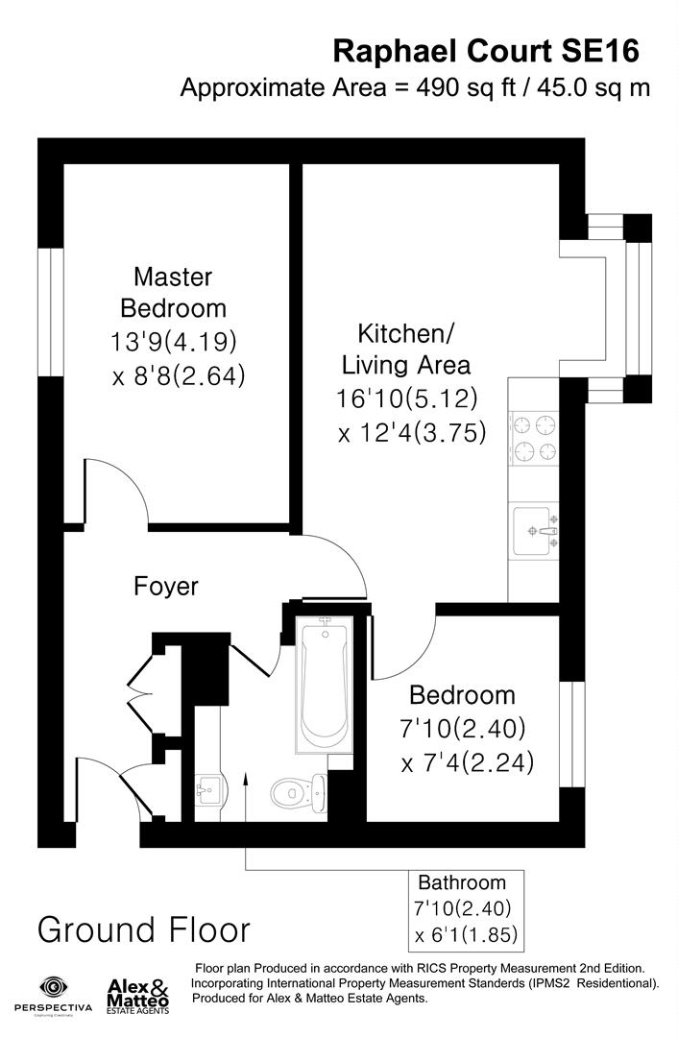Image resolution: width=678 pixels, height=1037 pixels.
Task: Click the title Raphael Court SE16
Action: [485, 50]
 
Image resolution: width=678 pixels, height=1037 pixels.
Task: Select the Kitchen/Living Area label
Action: [406, 350]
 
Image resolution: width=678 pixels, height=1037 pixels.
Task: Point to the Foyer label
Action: [166, 586]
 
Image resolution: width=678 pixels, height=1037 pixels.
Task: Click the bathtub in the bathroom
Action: [325, 684]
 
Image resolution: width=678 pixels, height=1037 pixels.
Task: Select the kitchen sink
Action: [534, 530]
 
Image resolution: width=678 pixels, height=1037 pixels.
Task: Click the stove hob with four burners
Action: [534, 437]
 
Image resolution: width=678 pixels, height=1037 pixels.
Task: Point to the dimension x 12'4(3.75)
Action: [412, 432]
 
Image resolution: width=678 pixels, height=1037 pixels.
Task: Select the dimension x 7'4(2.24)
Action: [467, 762]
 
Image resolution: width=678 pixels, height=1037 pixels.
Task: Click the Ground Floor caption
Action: [144, 929]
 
